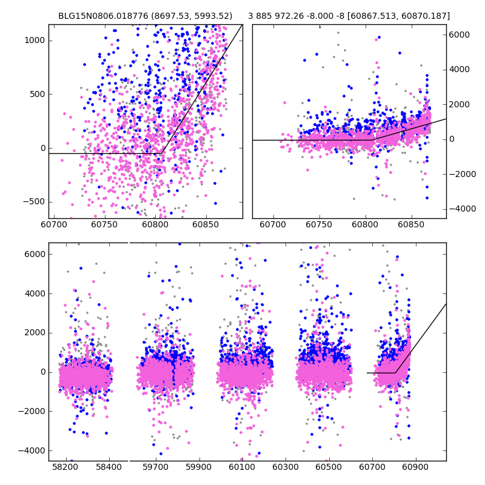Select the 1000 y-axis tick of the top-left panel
(x=35, y=41)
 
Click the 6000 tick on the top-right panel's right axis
(x=460, y=35)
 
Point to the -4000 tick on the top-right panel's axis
(x=462, y=209)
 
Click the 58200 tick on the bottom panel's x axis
(x=65, y=468)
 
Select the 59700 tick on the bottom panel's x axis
(x=156, y=468)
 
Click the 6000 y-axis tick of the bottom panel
(x=35, y=254)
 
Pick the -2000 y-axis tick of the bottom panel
(x=32, y=412)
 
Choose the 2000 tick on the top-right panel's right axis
(x=460, y=104)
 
